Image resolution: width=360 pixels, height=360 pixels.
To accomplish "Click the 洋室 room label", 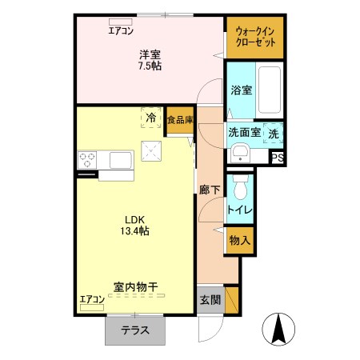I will pyautogui.click(x=150, y=54).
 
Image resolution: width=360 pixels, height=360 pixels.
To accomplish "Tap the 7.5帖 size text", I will pyautogui.click(x=150, y=66).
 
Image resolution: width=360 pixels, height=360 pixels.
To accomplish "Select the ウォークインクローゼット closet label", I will pyautogui.click(x=255, y=37).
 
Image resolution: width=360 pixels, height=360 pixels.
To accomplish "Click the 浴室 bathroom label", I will pyautogui.click(x=242, y=90).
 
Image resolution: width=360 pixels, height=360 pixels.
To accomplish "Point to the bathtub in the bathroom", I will pyautogui.click(x=270, y=90).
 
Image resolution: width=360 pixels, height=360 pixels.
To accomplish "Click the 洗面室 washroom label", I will pyautogui.click(x=244, y=133).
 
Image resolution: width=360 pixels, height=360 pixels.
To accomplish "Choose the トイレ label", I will pyautogui.click(x=241, y=210).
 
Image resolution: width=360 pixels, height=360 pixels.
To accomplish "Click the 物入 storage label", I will pyautogui.click(x=241, y=240).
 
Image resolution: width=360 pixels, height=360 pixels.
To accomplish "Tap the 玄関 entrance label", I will pyautogui.click(x=210, y=300).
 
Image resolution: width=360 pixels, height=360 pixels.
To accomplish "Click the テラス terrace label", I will pyautogui.click(x=134, y=330).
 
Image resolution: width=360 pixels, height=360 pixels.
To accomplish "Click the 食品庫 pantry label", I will pyautogui.click(x=180, y=119).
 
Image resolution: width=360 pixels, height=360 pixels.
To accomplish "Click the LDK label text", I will pyautogui.click(x=135, y=218).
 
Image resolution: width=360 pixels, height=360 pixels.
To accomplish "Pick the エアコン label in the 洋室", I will pyautogui.click(x=121, y=30).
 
